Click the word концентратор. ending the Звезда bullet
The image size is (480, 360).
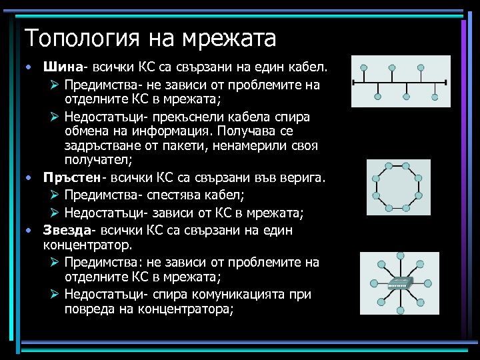pos(85,245)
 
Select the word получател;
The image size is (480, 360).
pos(97,161)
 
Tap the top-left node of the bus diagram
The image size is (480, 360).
pos(363,68)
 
